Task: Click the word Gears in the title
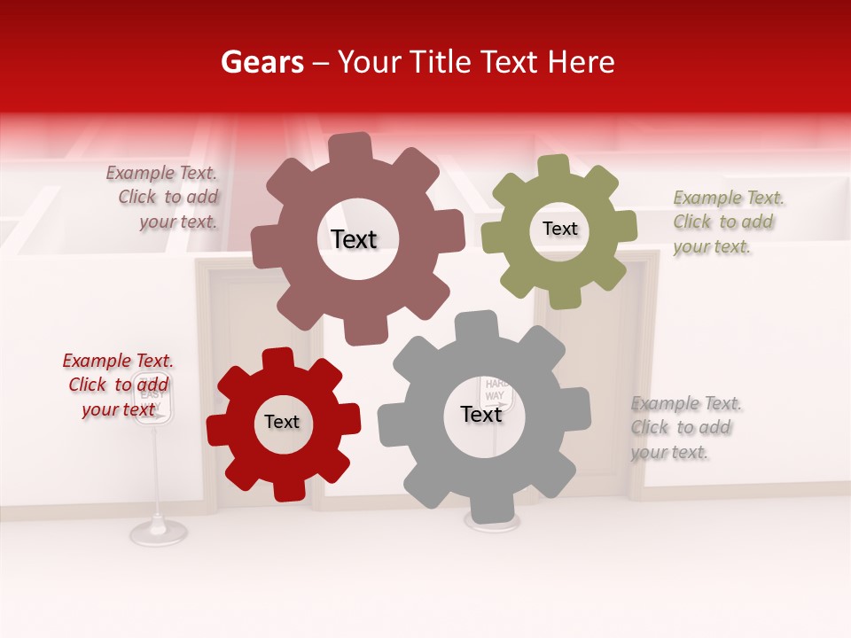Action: pos(262,62)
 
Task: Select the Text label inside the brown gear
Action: pos(354,239)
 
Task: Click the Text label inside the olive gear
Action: pos(559,229)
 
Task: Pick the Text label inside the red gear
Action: pos(282,423)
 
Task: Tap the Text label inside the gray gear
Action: pos(481,415)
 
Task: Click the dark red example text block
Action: pos(118,385)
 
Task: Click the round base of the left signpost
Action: pos(159,532)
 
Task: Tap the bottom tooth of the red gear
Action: pos(288,486)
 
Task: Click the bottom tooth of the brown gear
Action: pos(363,331)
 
